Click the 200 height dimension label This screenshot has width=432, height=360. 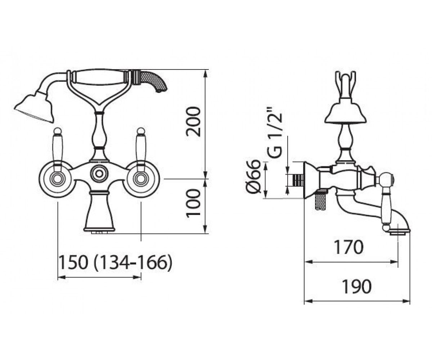click(193, 122)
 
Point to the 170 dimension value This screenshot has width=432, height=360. click(349, 247)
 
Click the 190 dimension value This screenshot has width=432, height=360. click(357, 286)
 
